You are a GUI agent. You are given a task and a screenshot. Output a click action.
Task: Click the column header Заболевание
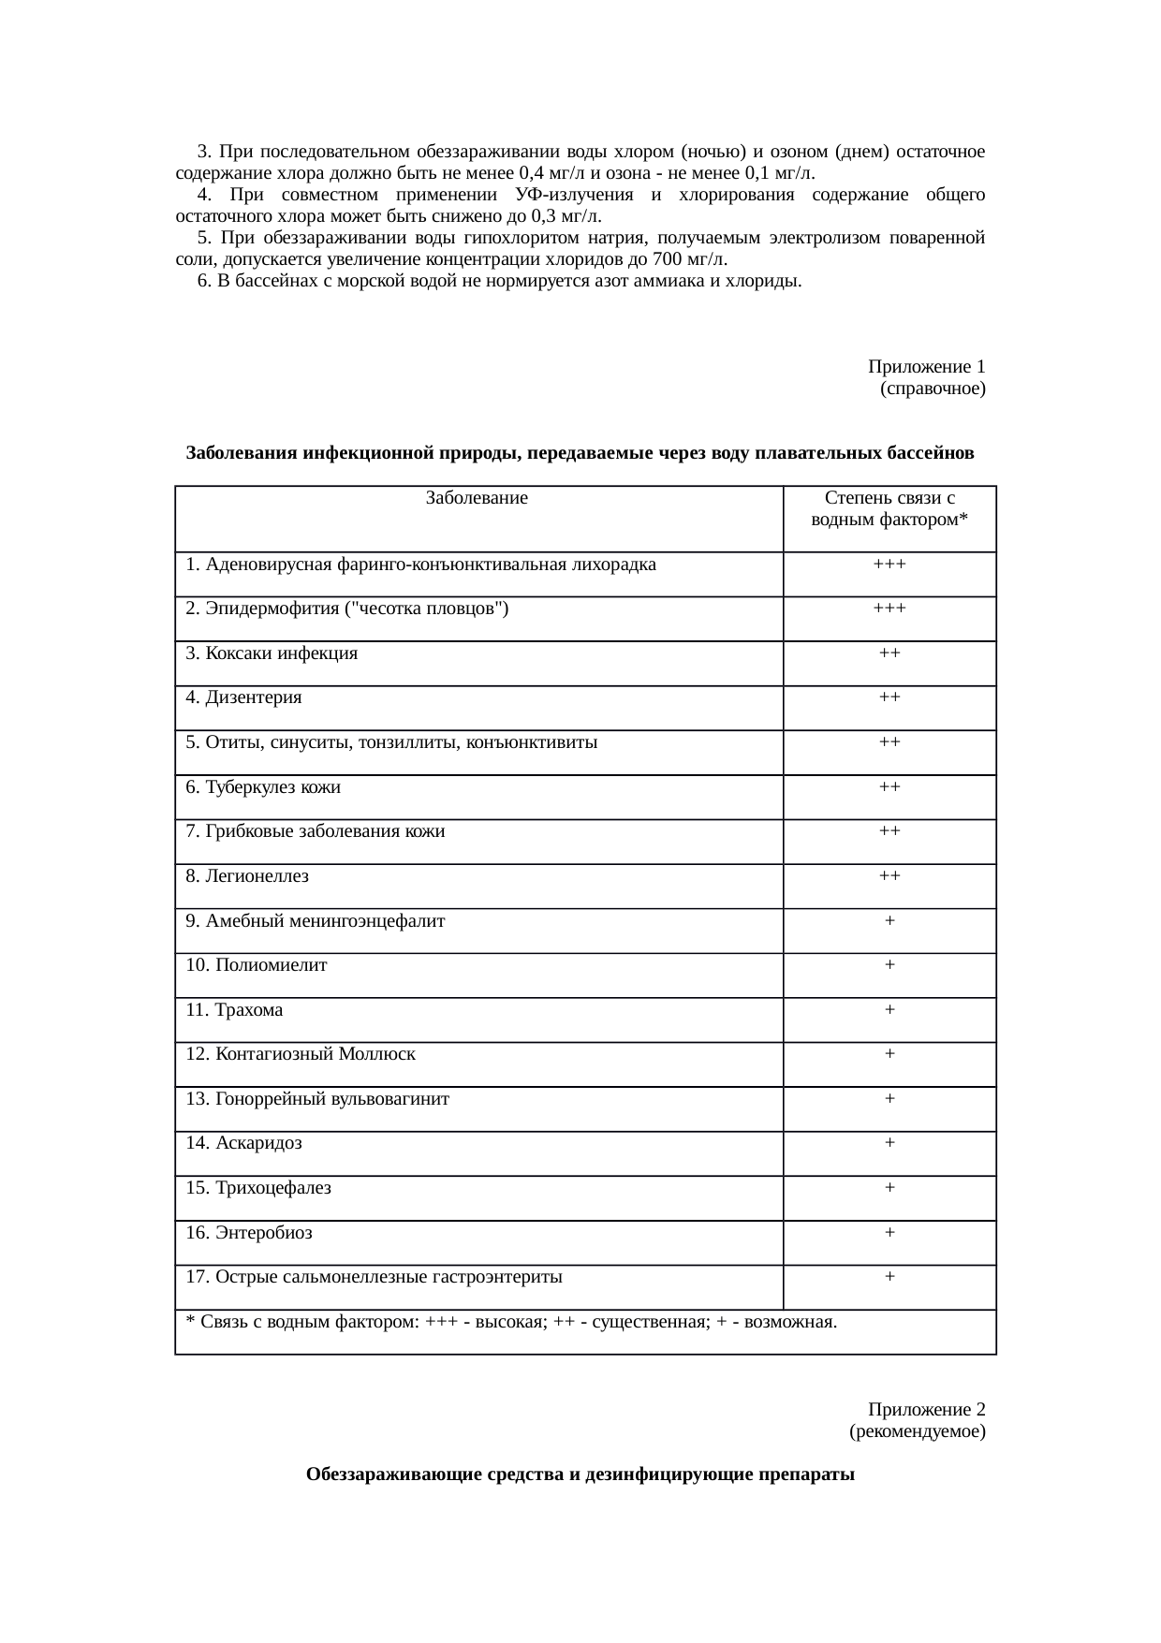(x=477, y=499)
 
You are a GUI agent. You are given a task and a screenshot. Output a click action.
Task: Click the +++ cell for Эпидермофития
(x=889, y=609)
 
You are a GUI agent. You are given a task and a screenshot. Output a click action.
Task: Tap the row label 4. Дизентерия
(x=243, y=697)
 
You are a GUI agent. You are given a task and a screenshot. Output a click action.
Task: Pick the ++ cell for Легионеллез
(x=889, y=876)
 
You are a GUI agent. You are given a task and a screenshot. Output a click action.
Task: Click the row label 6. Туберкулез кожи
(x=263, y=787)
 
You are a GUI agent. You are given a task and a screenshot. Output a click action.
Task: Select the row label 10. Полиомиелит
(x=257, y=965)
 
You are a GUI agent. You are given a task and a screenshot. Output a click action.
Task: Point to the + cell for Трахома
(x=889, y=1010)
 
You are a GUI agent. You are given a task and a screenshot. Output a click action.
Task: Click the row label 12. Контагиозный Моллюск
(x=301, y=1054)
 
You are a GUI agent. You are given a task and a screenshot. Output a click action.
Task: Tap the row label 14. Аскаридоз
(x=243, y=1143)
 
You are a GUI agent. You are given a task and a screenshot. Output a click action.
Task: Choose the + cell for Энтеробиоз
(x=889, y=1233)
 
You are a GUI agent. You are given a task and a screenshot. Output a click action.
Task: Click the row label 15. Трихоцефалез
(x=258, y=1188)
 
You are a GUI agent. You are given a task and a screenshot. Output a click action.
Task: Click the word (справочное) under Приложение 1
(x=933, y=387)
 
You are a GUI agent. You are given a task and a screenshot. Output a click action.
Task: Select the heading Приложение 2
(x=926, y=1410)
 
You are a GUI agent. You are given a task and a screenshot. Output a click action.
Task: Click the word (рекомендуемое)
(x=917, y=1431)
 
